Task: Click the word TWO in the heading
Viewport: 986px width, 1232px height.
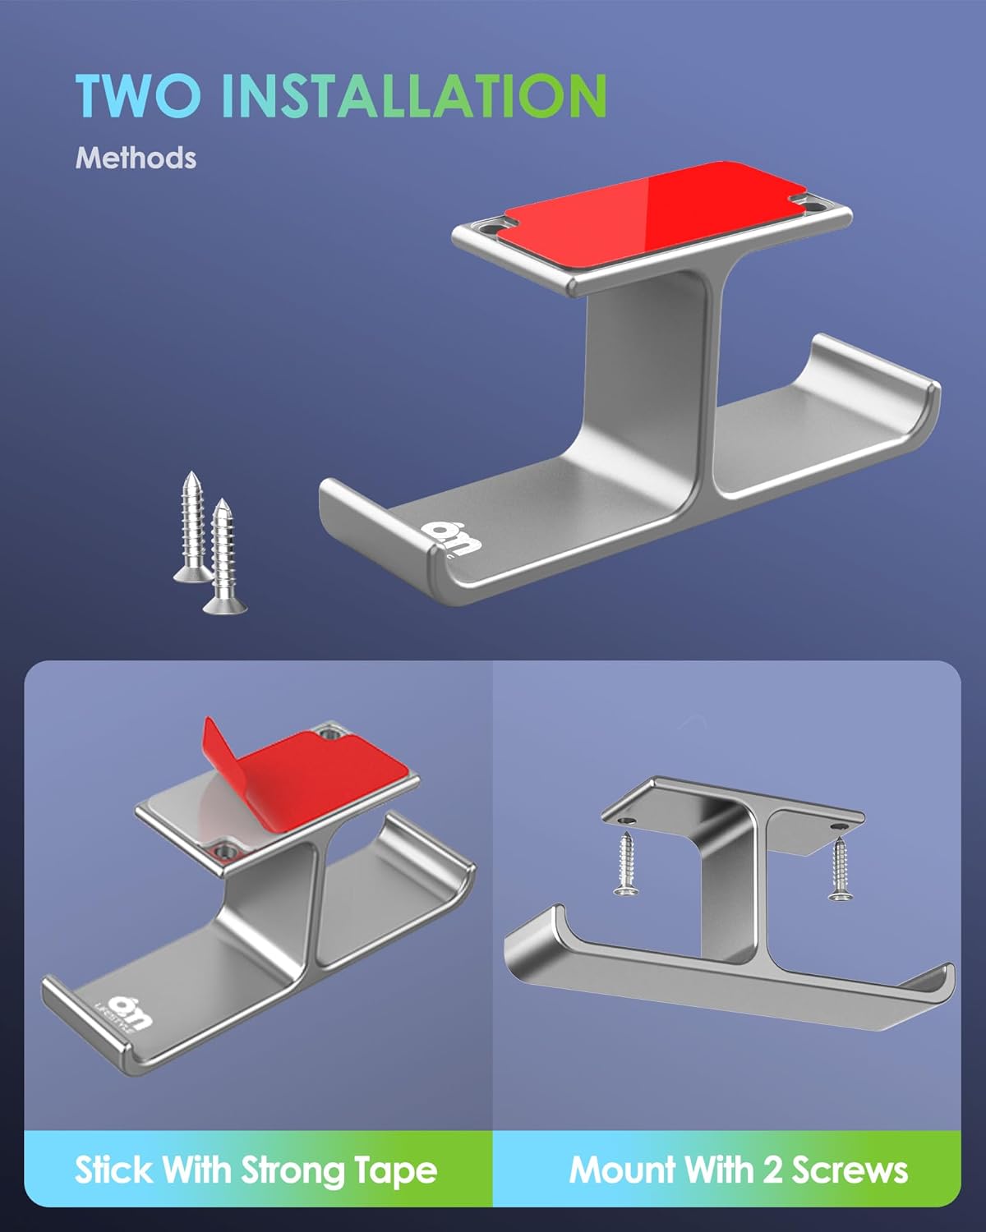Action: (138, 95)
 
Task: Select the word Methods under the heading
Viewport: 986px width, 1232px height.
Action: (136, 158)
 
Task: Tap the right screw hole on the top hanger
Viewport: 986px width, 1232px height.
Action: (813, 202)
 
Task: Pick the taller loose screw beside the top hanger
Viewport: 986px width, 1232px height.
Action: (193, 527)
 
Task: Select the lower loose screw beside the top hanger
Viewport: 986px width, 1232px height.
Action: (224, 556)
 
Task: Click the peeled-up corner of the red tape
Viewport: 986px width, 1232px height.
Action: (220, 755)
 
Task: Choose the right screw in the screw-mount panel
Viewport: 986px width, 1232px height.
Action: (840, 869)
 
